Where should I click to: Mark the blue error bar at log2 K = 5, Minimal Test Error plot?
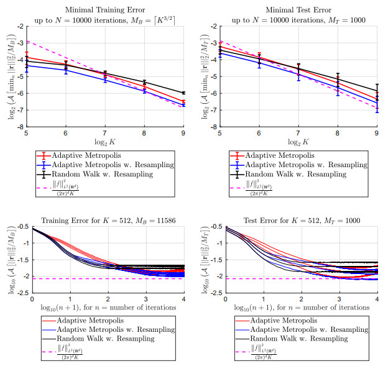[x=222, y=53]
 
